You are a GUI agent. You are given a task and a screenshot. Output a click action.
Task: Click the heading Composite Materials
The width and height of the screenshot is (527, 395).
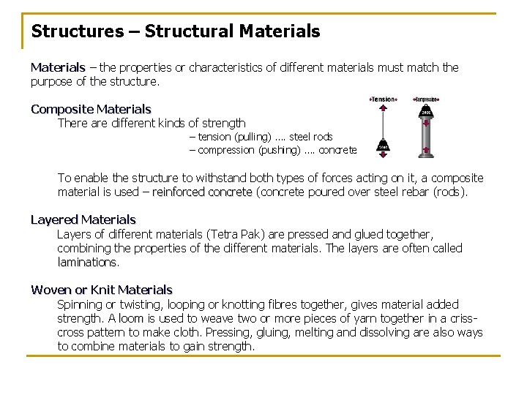pyautogui.click(x=91, y=109)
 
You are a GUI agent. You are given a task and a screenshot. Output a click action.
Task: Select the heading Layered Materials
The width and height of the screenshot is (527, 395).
pyautogui.click(x=83, y=219)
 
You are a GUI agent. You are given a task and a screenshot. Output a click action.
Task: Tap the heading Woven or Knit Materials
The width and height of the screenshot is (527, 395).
pyautogui.click(x=102, y=290)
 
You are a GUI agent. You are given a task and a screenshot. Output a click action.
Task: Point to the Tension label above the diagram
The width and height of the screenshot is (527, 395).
pyautogui.click(x=383, y=99)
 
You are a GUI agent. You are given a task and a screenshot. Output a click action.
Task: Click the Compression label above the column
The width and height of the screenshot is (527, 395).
pyautogui.click(x=426, y=99)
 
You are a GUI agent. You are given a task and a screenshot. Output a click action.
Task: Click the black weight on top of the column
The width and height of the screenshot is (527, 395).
pyautogui.click(x=426, y=112)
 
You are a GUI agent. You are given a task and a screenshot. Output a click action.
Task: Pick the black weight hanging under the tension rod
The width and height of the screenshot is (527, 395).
pyautogui.click(x=384, y=146)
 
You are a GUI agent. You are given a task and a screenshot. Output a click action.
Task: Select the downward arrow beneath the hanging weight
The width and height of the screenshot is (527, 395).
pyautogui.click(x=384, y=155)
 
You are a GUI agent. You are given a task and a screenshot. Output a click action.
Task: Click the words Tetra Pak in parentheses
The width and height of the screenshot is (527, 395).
pyautogui.click(x=231, y=234)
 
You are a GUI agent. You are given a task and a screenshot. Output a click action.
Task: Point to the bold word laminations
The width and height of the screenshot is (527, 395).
pyautogui.click(x=87, y=262)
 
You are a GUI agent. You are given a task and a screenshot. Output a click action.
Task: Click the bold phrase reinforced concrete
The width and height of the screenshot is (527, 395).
pyautogui.click(x=202, y=192)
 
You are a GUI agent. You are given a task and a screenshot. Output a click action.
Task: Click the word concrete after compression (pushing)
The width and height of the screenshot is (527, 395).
pyautogui.click(x=337, y=150)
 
